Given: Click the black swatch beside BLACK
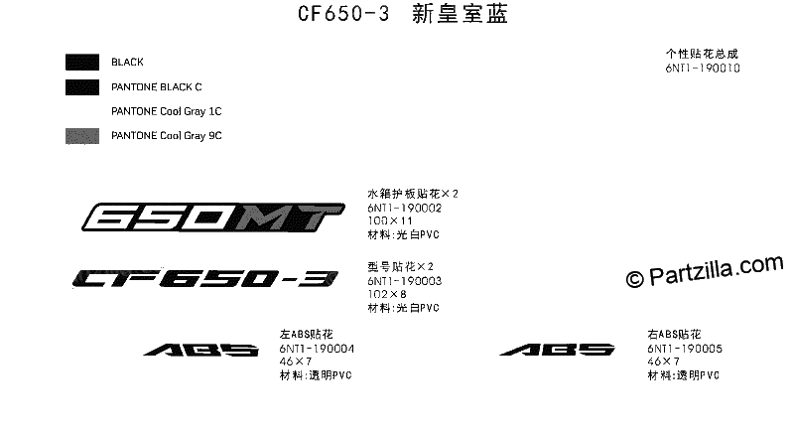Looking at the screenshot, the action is (82, 63).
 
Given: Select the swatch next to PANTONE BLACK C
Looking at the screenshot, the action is (82, 87).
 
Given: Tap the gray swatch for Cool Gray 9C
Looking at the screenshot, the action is (82, 136).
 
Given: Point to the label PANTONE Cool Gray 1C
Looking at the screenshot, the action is (167, 111).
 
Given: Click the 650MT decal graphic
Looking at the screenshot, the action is (213, 217).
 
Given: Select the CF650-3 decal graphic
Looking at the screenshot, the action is (205, 278).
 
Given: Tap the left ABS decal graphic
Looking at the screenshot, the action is (201, 350).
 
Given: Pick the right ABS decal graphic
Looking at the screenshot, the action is (557, 350).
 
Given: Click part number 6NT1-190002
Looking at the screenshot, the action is (405, 208).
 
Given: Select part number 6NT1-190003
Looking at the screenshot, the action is (405, 281).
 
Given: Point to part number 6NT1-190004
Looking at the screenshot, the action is (317, 349).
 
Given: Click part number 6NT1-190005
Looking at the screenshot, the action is (685, 349).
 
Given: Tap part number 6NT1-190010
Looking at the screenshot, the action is (703, 68).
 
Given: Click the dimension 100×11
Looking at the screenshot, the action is (390, 221).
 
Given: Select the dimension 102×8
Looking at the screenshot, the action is (387, 294).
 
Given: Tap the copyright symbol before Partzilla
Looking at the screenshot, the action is (634, 279).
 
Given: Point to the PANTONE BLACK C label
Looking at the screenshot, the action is (157, 87).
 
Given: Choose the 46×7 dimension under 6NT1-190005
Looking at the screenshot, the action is (663, 362).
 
